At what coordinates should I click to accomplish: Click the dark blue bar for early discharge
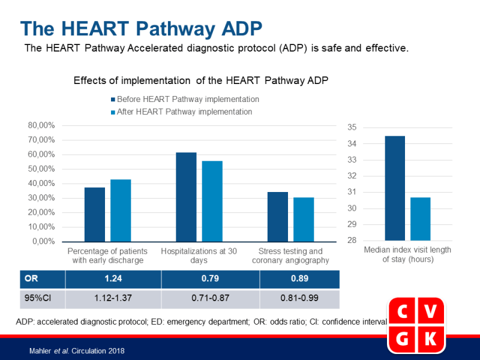(95, 214)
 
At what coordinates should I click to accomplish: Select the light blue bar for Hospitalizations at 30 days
(212, 201)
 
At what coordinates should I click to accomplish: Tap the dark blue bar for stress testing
(277, 217)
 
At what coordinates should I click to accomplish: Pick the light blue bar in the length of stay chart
(420, 219)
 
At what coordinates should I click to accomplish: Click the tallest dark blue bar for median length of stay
(395, 188)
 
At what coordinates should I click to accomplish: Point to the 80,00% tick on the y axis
(42, 125)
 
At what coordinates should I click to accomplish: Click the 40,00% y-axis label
(42, 184)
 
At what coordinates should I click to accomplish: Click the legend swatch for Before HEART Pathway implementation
(113, 100)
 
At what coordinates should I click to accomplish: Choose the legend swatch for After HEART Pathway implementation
(113, 112)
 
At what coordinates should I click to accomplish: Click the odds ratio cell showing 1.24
(113, 279)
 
